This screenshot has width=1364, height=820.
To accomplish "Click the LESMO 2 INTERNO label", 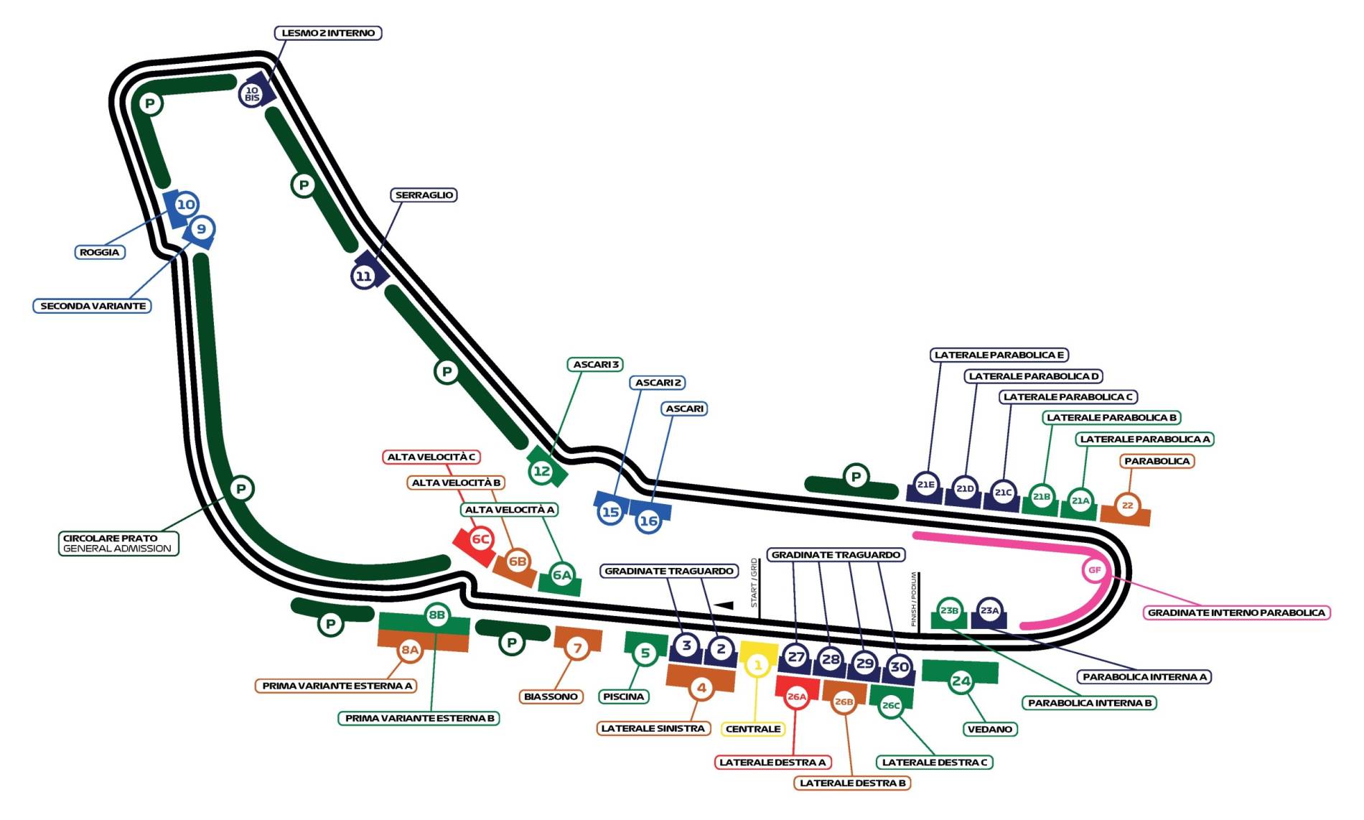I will [x=327, y=33].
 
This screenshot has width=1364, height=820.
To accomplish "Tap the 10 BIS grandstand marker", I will [x=252, y=94].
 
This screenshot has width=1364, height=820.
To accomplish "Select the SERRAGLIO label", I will [x=424, y=195].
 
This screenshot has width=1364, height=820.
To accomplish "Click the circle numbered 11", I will [x=364, y=276].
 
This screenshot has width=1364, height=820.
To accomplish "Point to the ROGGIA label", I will [x=100, y=253].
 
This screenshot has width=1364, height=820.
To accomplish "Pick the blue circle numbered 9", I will [x=201, y=229].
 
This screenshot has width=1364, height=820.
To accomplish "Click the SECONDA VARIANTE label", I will [x=93, y=306].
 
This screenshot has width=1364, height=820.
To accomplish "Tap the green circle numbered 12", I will [x=541, y=472].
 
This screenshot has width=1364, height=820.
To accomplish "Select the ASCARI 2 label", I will [x=658, y=383].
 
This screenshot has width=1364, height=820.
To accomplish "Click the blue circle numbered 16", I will [x=648, y=521].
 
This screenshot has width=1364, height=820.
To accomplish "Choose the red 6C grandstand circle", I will [x=480, y=539].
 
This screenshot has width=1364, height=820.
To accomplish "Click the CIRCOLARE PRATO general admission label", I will [x=118, y=544].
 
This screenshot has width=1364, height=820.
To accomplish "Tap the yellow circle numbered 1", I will [x=757, y=665].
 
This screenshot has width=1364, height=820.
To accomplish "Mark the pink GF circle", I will [x=1094, y=570].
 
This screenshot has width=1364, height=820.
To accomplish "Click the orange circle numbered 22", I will [x=1127, y=505].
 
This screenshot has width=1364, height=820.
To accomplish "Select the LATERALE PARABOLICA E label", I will [x=999, y=355].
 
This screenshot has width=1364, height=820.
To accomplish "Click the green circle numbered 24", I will [x=961, y=681].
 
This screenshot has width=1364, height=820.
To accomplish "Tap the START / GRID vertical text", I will [x=754, y=582].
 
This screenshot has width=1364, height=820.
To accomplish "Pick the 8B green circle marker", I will [x=436, y=615].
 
